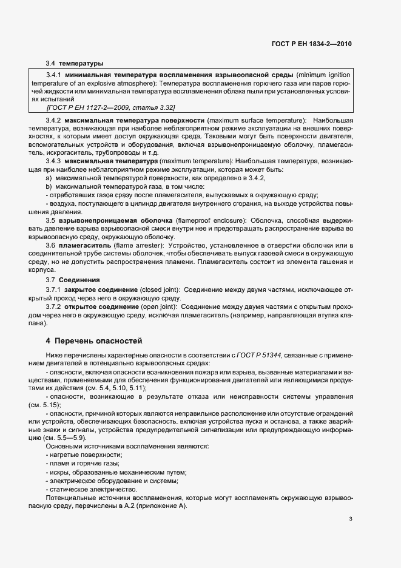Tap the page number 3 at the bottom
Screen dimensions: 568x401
(x=351, y=518)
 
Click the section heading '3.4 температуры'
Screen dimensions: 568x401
(x=75, y=63)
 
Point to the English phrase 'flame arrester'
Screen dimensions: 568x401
(x=129, y=245)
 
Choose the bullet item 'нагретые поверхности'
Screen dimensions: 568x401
(x=85, y=455)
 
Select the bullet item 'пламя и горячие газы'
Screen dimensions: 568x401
(x=83, y=463)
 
